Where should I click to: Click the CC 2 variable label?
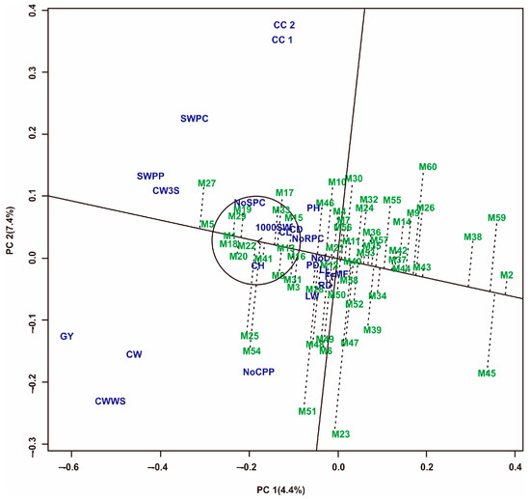pos(283,24)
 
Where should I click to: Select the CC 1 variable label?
pos(283,40)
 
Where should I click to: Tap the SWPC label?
pos(194,119)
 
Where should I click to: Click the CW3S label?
pos(167,191)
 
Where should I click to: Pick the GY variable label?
pos(67,337)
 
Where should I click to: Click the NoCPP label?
pos(260,372)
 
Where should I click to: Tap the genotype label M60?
pos(428,167)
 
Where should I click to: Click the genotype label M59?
pos(496,218)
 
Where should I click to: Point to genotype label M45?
pos(487,374)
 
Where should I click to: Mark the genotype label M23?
pos(340,434)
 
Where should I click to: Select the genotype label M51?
pos(306,412)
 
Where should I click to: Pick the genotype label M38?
pos(472,237)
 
